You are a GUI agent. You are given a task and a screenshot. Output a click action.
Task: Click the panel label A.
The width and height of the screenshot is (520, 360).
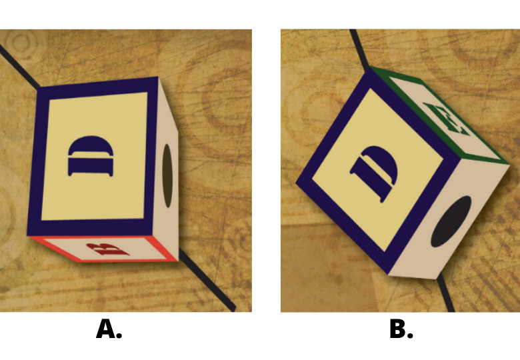click(109, 329)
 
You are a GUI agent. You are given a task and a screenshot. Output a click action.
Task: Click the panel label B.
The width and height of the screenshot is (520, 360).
click(401, 329)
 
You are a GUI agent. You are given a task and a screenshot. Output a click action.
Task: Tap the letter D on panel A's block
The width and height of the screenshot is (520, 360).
click(91, 156)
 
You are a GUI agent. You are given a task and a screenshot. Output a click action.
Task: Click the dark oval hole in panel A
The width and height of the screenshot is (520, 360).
click(167, 176)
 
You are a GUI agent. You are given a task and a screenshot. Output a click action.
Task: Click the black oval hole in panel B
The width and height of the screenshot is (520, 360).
click(451, 221)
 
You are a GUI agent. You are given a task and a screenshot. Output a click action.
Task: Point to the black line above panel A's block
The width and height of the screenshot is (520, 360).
click(19, 65)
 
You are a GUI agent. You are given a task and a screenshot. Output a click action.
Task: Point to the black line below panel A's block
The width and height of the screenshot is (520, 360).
click(207, 279)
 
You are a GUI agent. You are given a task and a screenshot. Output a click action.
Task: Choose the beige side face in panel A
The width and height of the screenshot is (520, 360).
click(165, 169)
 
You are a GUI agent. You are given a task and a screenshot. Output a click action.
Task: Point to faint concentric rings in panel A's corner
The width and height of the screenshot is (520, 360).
click(21, 42)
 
